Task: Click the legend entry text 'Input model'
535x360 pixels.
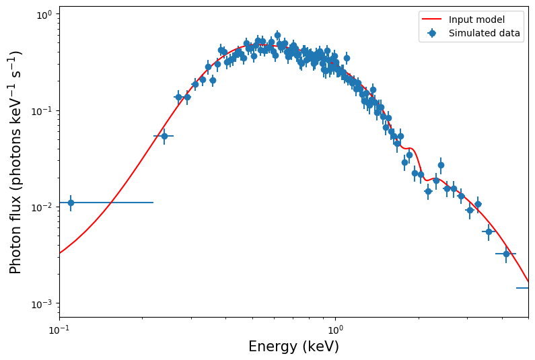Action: [476, 20]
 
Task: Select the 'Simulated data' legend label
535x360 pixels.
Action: [485, 33]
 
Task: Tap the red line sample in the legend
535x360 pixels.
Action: [432, 20]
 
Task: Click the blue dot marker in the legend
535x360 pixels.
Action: [432, 33]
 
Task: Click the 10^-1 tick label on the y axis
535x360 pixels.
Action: [43, 111]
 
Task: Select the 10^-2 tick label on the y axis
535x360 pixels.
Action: [43, 207]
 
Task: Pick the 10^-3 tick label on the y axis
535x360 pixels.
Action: [43, 303]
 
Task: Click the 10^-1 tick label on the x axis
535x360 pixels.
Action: [59, 330]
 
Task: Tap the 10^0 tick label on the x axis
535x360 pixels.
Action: [335, 330]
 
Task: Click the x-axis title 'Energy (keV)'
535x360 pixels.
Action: [293, 347]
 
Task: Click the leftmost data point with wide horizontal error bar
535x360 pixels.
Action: [71, 203]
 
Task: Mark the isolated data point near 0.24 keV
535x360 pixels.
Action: [164, 136]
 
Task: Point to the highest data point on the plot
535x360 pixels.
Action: [277, 35]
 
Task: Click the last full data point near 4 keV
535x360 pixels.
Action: [506, 254]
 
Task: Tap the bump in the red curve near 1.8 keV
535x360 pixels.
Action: [408, 148]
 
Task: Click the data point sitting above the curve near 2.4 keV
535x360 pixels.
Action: [441, 165]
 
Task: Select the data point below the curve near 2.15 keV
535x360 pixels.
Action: [428, 191]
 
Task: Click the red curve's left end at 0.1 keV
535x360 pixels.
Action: [60, 253]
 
